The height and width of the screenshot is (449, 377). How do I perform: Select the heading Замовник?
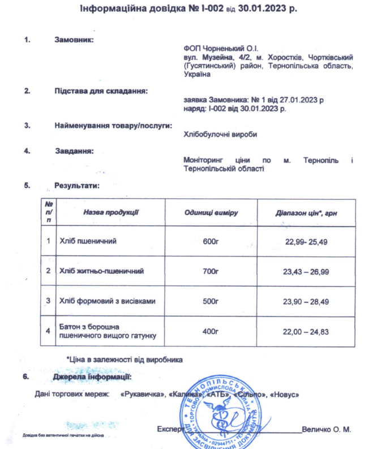click(x=74, y=40)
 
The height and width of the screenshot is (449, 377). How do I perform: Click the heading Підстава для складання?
click(x=101, y=91)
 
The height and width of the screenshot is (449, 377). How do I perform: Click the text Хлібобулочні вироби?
click(x=221, y=134)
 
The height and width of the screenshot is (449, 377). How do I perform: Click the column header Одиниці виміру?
click(x=211, y=212)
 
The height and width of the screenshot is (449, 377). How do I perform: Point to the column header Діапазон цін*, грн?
click(x=306, y=212)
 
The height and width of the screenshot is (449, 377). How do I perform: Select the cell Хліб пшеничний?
click(x=88, y=242)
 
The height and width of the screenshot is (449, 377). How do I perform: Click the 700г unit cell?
click(x=211, y=272)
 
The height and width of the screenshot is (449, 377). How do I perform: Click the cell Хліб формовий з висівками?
click(x=107, y=301)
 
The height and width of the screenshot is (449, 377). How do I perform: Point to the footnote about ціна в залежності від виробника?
click(x=125, y=359)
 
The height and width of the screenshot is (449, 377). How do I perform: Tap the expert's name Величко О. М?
click(x=327, y=429)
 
